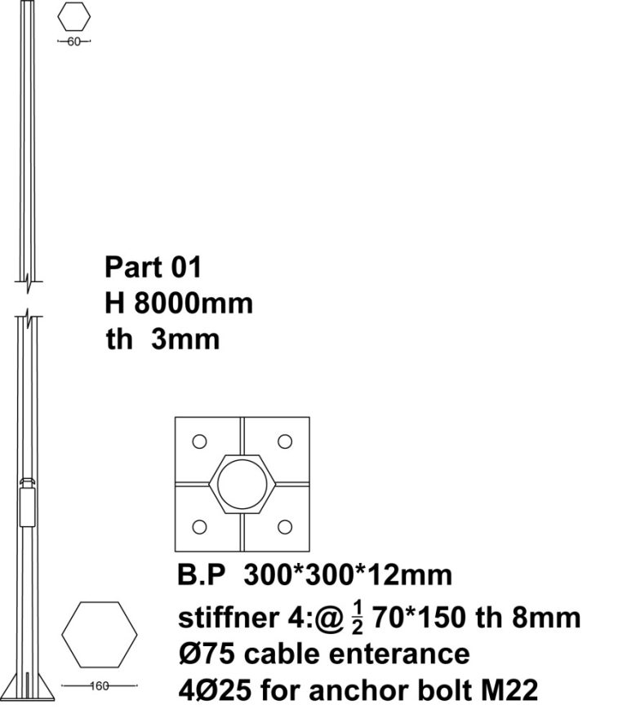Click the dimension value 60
(x=73, y=42)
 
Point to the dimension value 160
(x=100, y=685)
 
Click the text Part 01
(x=153, y=267)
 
